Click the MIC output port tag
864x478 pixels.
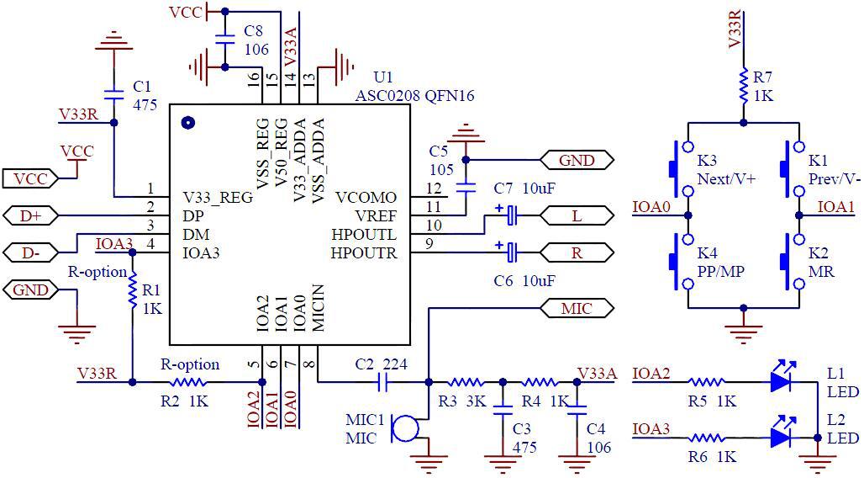pyautogui.click(x=576, y=308)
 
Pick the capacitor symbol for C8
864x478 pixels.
pyautogui.click(x=224, y=39)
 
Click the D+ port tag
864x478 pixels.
pyautogui.click(x=30, y=216)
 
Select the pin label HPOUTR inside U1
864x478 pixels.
pyautogui.click(x=363, y=252)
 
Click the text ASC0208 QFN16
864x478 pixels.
pyautogui.click(x=414, y=96)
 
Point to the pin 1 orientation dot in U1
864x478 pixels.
pyautogui.click(x=187, y=122)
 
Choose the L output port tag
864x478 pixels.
pyautogui.click(x=576, y=216)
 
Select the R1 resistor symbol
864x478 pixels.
pyautogui.click(x=132, y=290)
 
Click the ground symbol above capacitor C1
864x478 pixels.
pyautogui.click(x=113, y=42)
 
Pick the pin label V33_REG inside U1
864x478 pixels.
pyautogui.click(x=218, y=198)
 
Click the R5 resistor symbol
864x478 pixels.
pyautogui.click(x=708, y=382)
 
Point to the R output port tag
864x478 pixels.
pyautogui.click(x=576, y=252)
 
